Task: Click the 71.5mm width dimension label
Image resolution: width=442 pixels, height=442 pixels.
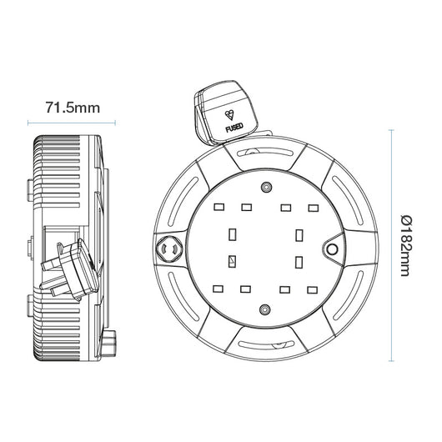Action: point(73,108)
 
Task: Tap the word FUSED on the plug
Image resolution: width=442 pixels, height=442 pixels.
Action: point(234,128)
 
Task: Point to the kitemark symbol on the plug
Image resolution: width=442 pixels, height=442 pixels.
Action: point(229,115)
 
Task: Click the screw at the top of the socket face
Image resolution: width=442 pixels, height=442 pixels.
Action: point(266,187)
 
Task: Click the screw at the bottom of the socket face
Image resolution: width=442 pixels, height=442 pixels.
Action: point(265,309)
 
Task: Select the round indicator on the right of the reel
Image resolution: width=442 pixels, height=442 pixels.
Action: point(333,249)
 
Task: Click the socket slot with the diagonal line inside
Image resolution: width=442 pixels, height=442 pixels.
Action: point(232,261)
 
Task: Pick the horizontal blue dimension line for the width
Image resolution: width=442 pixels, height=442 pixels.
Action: point(72,123)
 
